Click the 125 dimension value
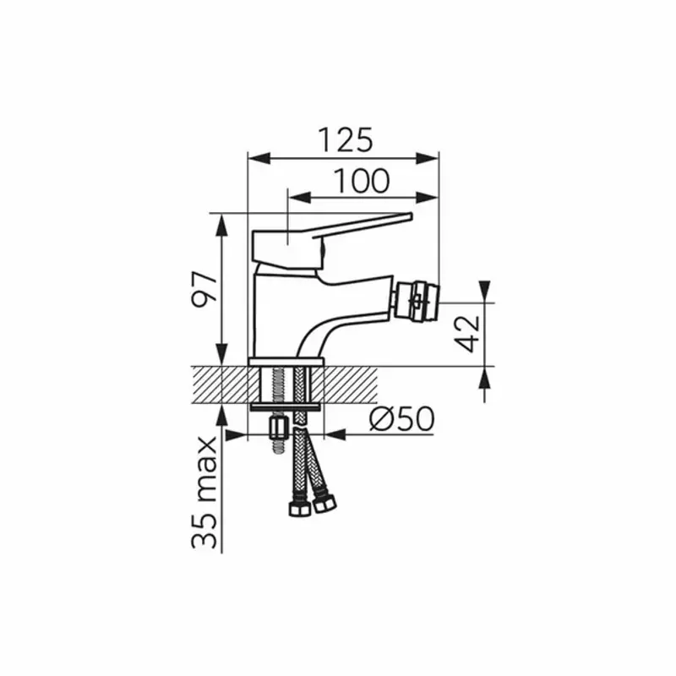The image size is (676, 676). pos(345,139)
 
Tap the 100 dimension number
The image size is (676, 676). pos(362,181)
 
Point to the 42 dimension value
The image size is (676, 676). pos(467,334)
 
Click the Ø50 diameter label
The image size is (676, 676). pos(402,418)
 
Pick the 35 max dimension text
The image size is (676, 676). pos(204,492)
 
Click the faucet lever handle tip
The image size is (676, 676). pos(409,216)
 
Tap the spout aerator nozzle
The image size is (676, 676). pos(416,302)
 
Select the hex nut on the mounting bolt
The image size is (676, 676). pos(279,428)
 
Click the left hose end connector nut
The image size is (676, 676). pos(299,510)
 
